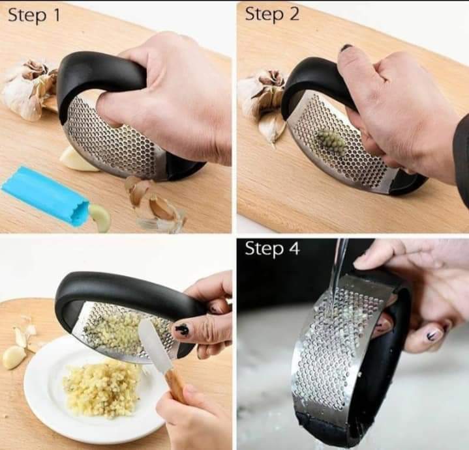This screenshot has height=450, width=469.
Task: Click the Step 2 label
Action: click(272, 15)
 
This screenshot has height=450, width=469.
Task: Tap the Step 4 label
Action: click(272, 249)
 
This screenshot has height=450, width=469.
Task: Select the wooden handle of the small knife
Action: click(177, 384)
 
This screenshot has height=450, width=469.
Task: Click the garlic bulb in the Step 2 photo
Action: click(261, 98)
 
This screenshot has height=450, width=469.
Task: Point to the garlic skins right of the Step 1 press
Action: click(154, 202)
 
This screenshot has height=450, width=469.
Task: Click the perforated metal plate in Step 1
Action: click(111, 140)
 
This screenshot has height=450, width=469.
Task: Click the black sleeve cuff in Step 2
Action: click(461, 156)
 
